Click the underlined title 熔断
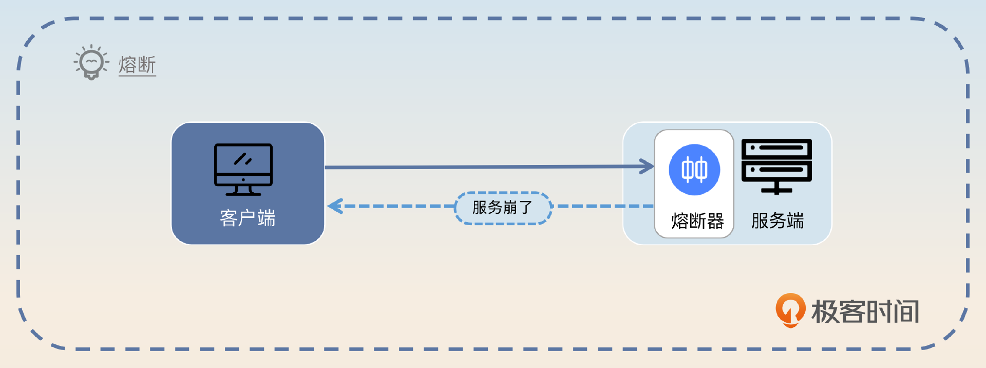point(137,65)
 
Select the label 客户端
point(248,218)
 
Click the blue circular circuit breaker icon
point(694,170)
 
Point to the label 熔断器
point(697,221)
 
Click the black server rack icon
point(776,166)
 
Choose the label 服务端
point(778,221)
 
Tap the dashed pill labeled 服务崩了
point(503,208)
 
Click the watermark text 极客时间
point(865,312)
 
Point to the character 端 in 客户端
point(267,218)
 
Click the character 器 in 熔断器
point(715,221)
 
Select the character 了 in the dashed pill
point(526,208)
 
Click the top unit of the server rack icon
point(776,148)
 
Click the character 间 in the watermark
point(906,312)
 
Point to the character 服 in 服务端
point(760,221)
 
